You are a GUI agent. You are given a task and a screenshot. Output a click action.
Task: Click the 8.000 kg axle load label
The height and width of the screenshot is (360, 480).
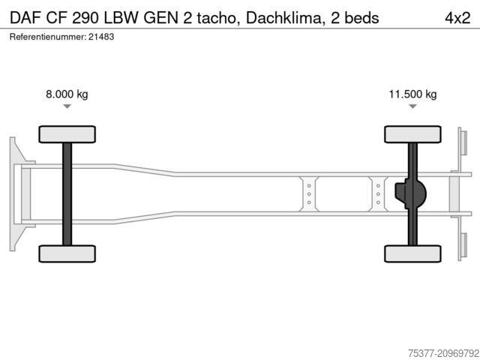tap(67, 94)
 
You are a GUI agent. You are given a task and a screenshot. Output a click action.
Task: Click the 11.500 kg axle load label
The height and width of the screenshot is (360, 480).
tap(412, 94)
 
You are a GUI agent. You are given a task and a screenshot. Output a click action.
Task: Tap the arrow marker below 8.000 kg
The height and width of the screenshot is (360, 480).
tap(67, 106)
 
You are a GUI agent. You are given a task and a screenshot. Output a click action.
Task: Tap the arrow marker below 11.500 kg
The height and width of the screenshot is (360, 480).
tap(412, 106)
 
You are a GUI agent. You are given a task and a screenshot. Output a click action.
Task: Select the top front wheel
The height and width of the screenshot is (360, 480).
tap(67, 134)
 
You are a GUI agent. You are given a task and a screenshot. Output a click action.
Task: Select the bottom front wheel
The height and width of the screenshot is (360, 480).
tap(67, 253)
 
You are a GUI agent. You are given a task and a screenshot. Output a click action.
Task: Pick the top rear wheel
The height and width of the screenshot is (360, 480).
tap(412, 134)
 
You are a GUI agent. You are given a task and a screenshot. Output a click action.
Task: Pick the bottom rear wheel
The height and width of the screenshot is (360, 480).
tap(412, 253)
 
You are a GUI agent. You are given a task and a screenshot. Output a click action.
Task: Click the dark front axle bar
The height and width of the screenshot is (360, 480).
tap(67, 194)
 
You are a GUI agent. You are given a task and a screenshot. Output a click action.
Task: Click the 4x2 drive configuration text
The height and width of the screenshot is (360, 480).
tap(457, 18)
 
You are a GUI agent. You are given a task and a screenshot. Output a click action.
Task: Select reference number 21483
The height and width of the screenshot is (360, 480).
tap(101, 37)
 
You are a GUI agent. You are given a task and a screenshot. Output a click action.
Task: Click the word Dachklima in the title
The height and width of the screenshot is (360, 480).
tap(283, 18)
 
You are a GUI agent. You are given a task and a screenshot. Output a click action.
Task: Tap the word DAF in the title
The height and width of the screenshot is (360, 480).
tap(25, 18)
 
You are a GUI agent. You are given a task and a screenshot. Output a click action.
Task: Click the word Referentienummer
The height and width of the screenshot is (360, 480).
tap(48, 37)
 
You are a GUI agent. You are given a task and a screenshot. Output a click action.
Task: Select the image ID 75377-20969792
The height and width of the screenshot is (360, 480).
tap(443, 353)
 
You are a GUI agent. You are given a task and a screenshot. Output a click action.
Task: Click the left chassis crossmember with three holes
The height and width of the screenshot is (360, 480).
tap(309, 194)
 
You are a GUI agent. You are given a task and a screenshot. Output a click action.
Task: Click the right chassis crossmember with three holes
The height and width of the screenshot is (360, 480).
tap(378, 194)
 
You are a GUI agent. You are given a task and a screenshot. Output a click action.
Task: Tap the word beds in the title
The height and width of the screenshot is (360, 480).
tap(361, 18)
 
